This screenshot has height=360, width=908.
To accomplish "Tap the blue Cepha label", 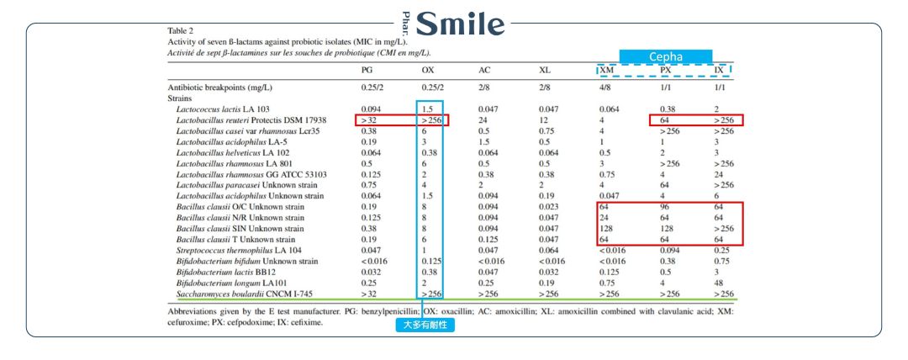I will point(666,57).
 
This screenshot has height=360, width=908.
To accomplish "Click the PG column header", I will point(367,70).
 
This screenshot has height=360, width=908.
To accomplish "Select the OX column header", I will point(427,70).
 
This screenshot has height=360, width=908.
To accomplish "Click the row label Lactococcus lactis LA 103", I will point(223,109).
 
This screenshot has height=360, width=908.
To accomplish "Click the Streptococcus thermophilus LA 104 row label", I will point(234,250).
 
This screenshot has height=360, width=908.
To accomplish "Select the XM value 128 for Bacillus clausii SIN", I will point(607,228).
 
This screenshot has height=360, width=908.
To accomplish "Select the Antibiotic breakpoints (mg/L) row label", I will point(220,87).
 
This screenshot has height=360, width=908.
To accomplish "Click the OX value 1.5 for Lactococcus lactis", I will point(427,109).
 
